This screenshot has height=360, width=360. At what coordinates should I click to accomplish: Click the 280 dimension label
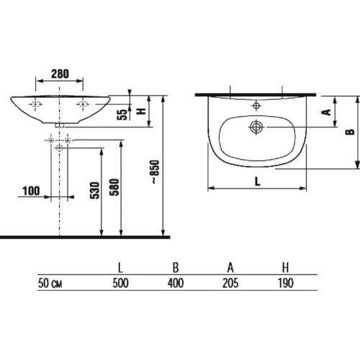[60, 73]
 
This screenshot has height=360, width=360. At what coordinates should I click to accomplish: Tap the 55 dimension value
[122, 114]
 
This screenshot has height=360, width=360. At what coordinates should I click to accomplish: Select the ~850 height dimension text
[156, 172]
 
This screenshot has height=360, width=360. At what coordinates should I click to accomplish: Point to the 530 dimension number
[95, 190]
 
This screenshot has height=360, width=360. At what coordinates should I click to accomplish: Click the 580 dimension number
[114, 187]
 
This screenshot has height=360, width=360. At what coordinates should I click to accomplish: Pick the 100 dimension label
[31, 191]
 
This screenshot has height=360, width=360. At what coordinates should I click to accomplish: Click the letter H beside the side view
[141, 111]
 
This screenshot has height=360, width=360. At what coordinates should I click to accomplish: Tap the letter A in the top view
[326, 112]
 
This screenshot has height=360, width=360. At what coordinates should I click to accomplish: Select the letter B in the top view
[350, 132]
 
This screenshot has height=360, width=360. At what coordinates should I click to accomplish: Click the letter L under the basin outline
[257, 181]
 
